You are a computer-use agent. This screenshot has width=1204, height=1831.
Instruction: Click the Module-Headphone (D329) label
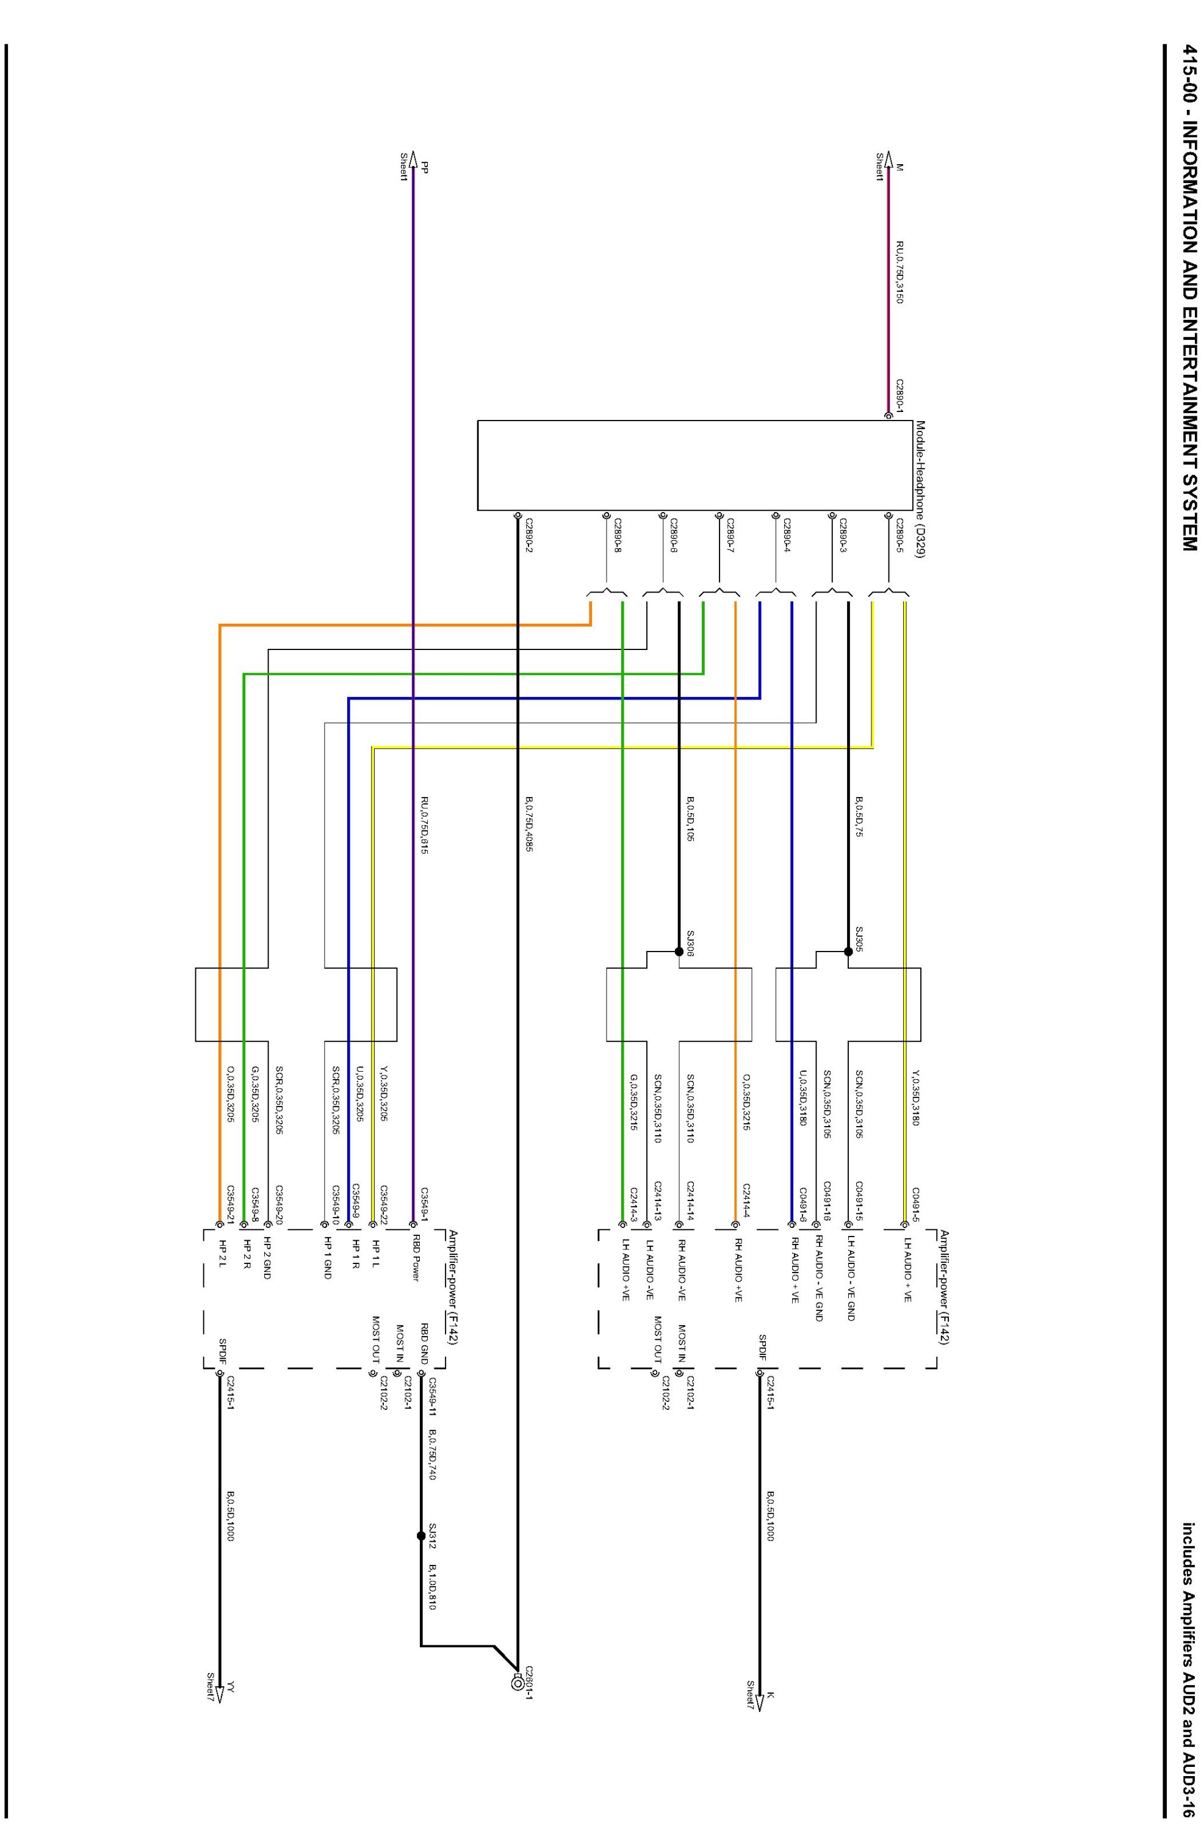point(920,488)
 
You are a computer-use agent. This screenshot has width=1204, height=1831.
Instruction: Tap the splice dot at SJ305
point(848,951)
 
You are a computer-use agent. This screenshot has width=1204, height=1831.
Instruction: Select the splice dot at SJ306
point(679,951)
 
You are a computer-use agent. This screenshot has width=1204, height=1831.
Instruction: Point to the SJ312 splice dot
point(421,1536)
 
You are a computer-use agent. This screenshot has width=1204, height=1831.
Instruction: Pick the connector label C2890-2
point(528,535)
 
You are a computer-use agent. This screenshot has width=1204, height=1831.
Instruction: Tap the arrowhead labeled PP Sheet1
point(414,157)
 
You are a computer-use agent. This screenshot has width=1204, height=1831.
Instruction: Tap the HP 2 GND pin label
point(267,1259)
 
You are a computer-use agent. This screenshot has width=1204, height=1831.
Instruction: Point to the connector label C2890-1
point(899,396)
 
